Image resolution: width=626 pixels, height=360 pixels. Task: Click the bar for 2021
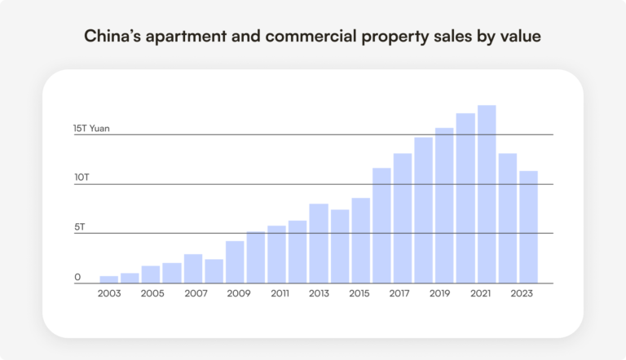[x=487, y=195]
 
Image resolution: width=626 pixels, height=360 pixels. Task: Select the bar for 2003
[x=109, y=279]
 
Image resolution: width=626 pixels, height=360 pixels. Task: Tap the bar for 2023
[x=528, y=227]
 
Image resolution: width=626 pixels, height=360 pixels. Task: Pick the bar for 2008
[x=214, y=271]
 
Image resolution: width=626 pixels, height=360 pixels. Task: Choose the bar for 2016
[x=381, y=226]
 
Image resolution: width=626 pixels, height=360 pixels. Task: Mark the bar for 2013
[x=319, y=244]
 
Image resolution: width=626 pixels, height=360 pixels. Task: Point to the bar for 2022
[x=508, y=218]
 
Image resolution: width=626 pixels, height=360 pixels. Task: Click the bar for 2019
[x=444, y=205]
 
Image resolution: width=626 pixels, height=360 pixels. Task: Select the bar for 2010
[x=256, y=257]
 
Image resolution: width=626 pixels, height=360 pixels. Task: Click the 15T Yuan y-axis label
[x=91, y=129]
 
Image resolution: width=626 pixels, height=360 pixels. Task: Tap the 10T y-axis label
[x=81, y=178]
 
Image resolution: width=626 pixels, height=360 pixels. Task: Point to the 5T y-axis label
[x=78, y=227]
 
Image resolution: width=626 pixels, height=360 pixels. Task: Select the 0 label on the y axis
[x=77, y=278]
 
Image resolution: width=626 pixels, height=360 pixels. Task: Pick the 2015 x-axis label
[x=360, y=293]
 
